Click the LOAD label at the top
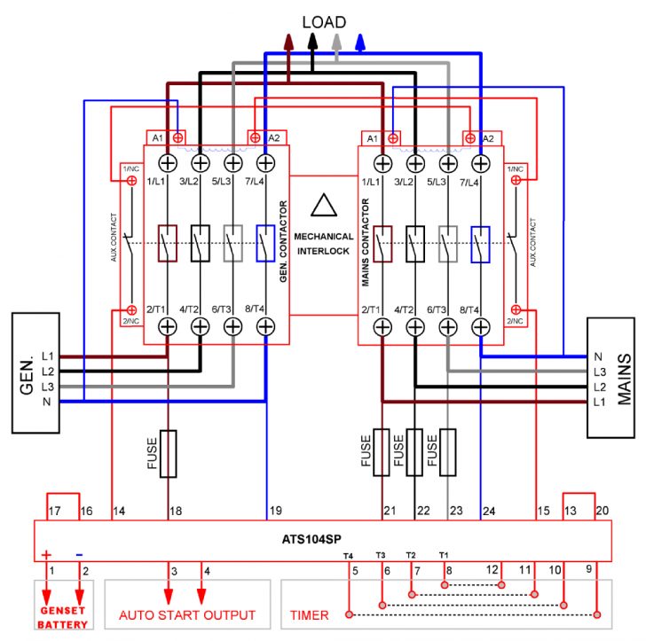pos(324,21)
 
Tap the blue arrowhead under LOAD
pos(360,41)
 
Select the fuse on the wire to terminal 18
pos(168,454)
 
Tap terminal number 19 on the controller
pos(275,512)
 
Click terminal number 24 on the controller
pos(488,512)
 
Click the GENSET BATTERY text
pos(63,618)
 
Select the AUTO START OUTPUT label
pos(188,614)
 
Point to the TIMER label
pos(309,614)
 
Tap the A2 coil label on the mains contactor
pos(488,138)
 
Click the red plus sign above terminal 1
pos(47,555)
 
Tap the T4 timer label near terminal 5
pos(349,556)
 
